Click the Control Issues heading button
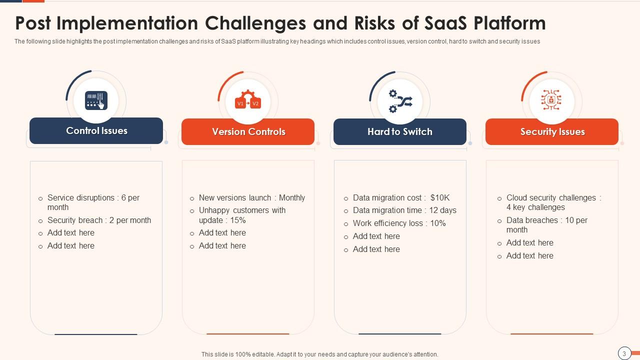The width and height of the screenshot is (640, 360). point(96,131)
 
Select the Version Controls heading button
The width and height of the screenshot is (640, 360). point(248,132)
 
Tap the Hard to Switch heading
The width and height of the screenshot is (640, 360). point(399,132)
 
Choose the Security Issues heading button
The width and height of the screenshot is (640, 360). point(552,132)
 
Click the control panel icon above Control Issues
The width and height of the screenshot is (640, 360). point(96,100)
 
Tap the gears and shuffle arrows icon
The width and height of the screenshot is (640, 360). point(400,101)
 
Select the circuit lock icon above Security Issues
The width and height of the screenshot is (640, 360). point(551,100)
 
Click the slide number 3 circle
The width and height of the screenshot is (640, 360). point(624,353)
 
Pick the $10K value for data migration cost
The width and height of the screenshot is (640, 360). point(440,198)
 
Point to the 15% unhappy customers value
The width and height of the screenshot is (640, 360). point(238,220)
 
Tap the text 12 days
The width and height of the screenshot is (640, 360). point(442,210)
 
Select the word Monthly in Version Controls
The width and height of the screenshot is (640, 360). point(292,198)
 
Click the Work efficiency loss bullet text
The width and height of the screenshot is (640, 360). point(399,223)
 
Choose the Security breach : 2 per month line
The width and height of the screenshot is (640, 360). point(99,220)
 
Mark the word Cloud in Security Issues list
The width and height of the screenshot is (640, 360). point(516,198)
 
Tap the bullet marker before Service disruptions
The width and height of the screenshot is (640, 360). point(40,198)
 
